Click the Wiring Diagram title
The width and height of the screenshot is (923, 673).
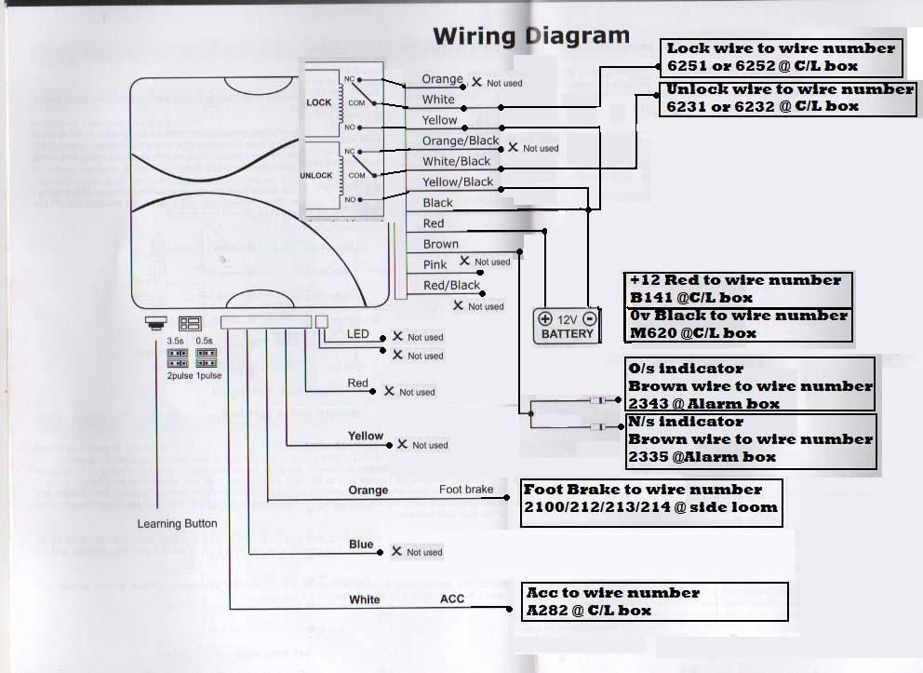[x=531, y=36]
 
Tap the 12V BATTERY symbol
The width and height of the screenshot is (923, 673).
[x=567, y=326]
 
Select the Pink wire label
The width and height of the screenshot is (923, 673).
[x=435, y=264]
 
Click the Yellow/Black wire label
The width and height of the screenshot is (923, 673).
[x=458, y=182]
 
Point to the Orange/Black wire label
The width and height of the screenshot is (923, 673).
[x=461, y=141]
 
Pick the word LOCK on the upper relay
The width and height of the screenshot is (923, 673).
[x=319, y=102]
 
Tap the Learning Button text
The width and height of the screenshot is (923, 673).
[x=177, y=524]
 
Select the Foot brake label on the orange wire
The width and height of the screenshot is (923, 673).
[x=466, y=490]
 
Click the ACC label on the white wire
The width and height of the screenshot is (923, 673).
[x=452, y=599]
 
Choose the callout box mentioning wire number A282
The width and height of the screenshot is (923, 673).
[x=655, y=601]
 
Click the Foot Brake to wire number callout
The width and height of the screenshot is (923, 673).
[x=650, y=499]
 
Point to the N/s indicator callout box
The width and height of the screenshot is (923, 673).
[x=751, y=439]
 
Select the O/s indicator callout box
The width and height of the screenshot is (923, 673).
[x=751, y=385]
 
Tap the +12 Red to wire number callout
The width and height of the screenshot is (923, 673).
[x=736, y=289]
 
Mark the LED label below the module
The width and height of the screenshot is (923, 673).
[x=358, y=334]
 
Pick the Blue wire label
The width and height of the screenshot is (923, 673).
[x=361, y=545]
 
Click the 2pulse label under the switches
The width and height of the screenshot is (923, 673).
[x=178, y=375]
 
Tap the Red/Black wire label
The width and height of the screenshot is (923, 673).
[x=451, y=286]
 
